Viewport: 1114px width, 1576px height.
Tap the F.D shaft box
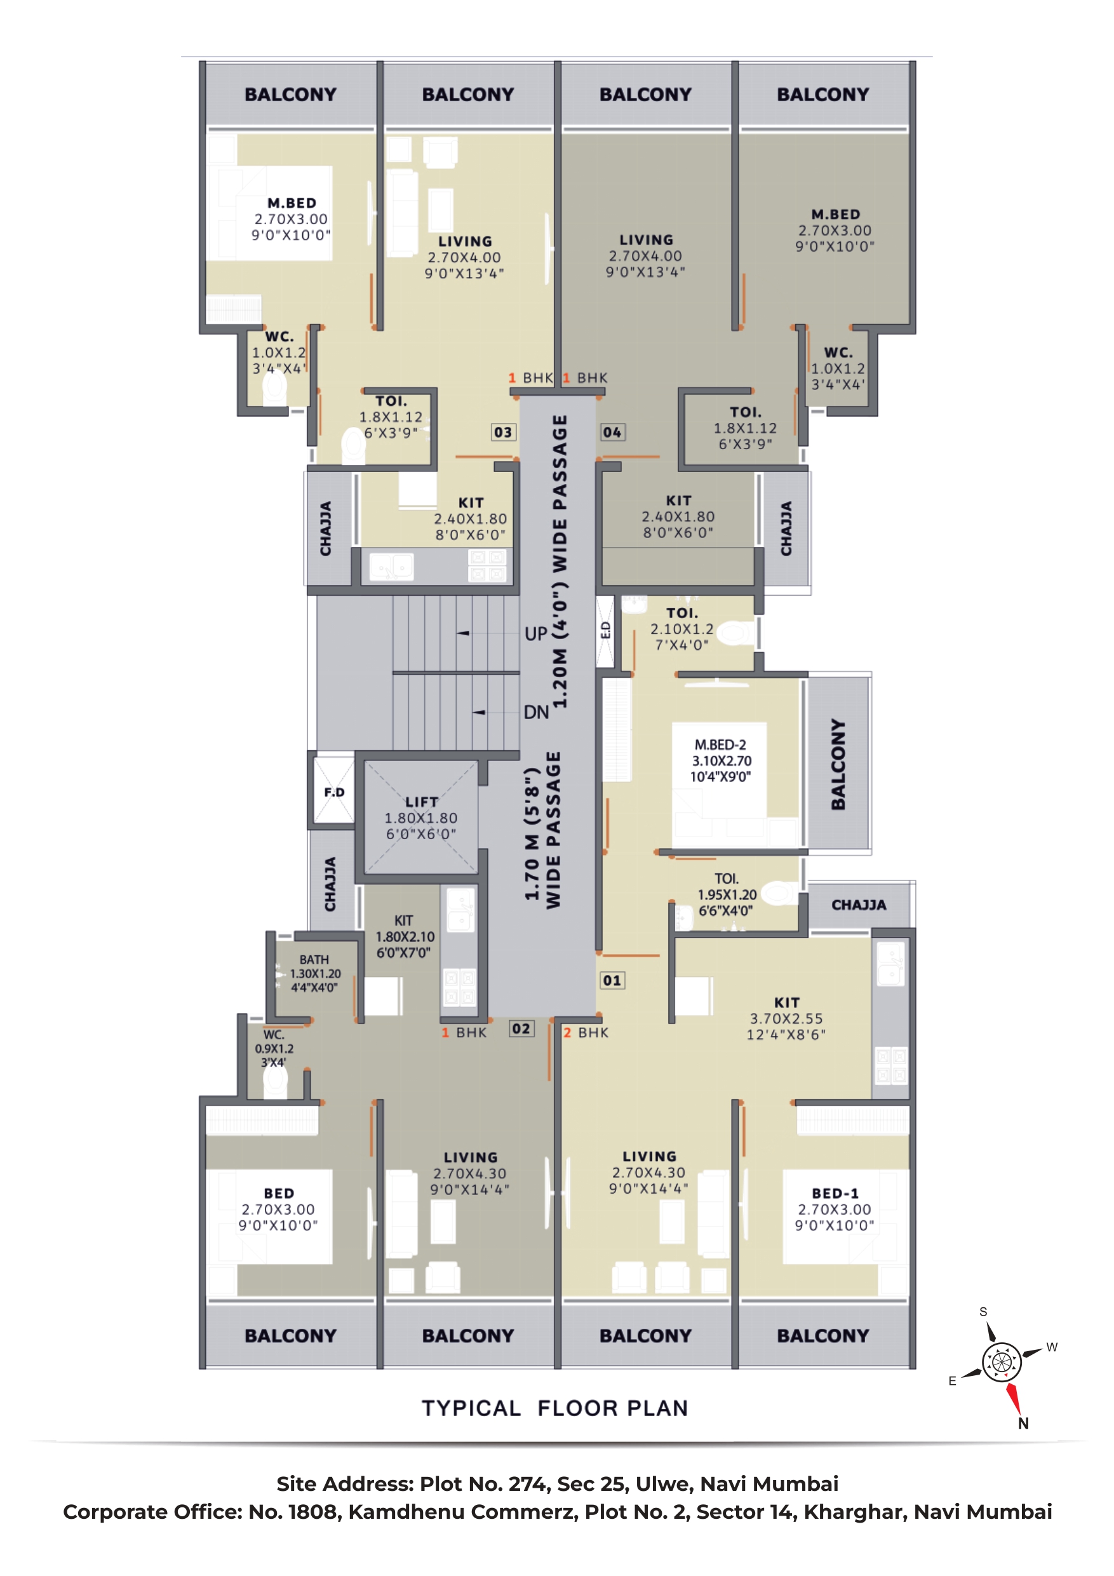point(334,791)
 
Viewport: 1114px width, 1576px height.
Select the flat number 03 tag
point(503,432)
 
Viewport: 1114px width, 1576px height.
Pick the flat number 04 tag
point(612,432)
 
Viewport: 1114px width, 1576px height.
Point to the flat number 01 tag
point(612,980)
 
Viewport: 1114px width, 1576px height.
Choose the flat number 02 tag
point(521,1028)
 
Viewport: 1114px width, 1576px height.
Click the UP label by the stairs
point(536,633)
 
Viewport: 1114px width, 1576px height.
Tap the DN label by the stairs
point(536,712)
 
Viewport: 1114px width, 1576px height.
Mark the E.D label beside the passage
point(605,630)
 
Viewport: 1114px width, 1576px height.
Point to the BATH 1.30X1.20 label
point(314,973)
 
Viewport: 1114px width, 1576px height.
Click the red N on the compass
point(1023,1424)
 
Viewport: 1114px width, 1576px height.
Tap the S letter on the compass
point(983,1312)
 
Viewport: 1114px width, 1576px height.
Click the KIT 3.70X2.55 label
point(786,1019)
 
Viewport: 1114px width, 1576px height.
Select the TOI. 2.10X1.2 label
point(681,629)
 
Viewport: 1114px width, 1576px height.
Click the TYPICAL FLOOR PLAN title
point(554,1408)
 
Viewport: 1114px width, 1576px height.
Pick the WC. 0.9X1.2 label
point(274,1048)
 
